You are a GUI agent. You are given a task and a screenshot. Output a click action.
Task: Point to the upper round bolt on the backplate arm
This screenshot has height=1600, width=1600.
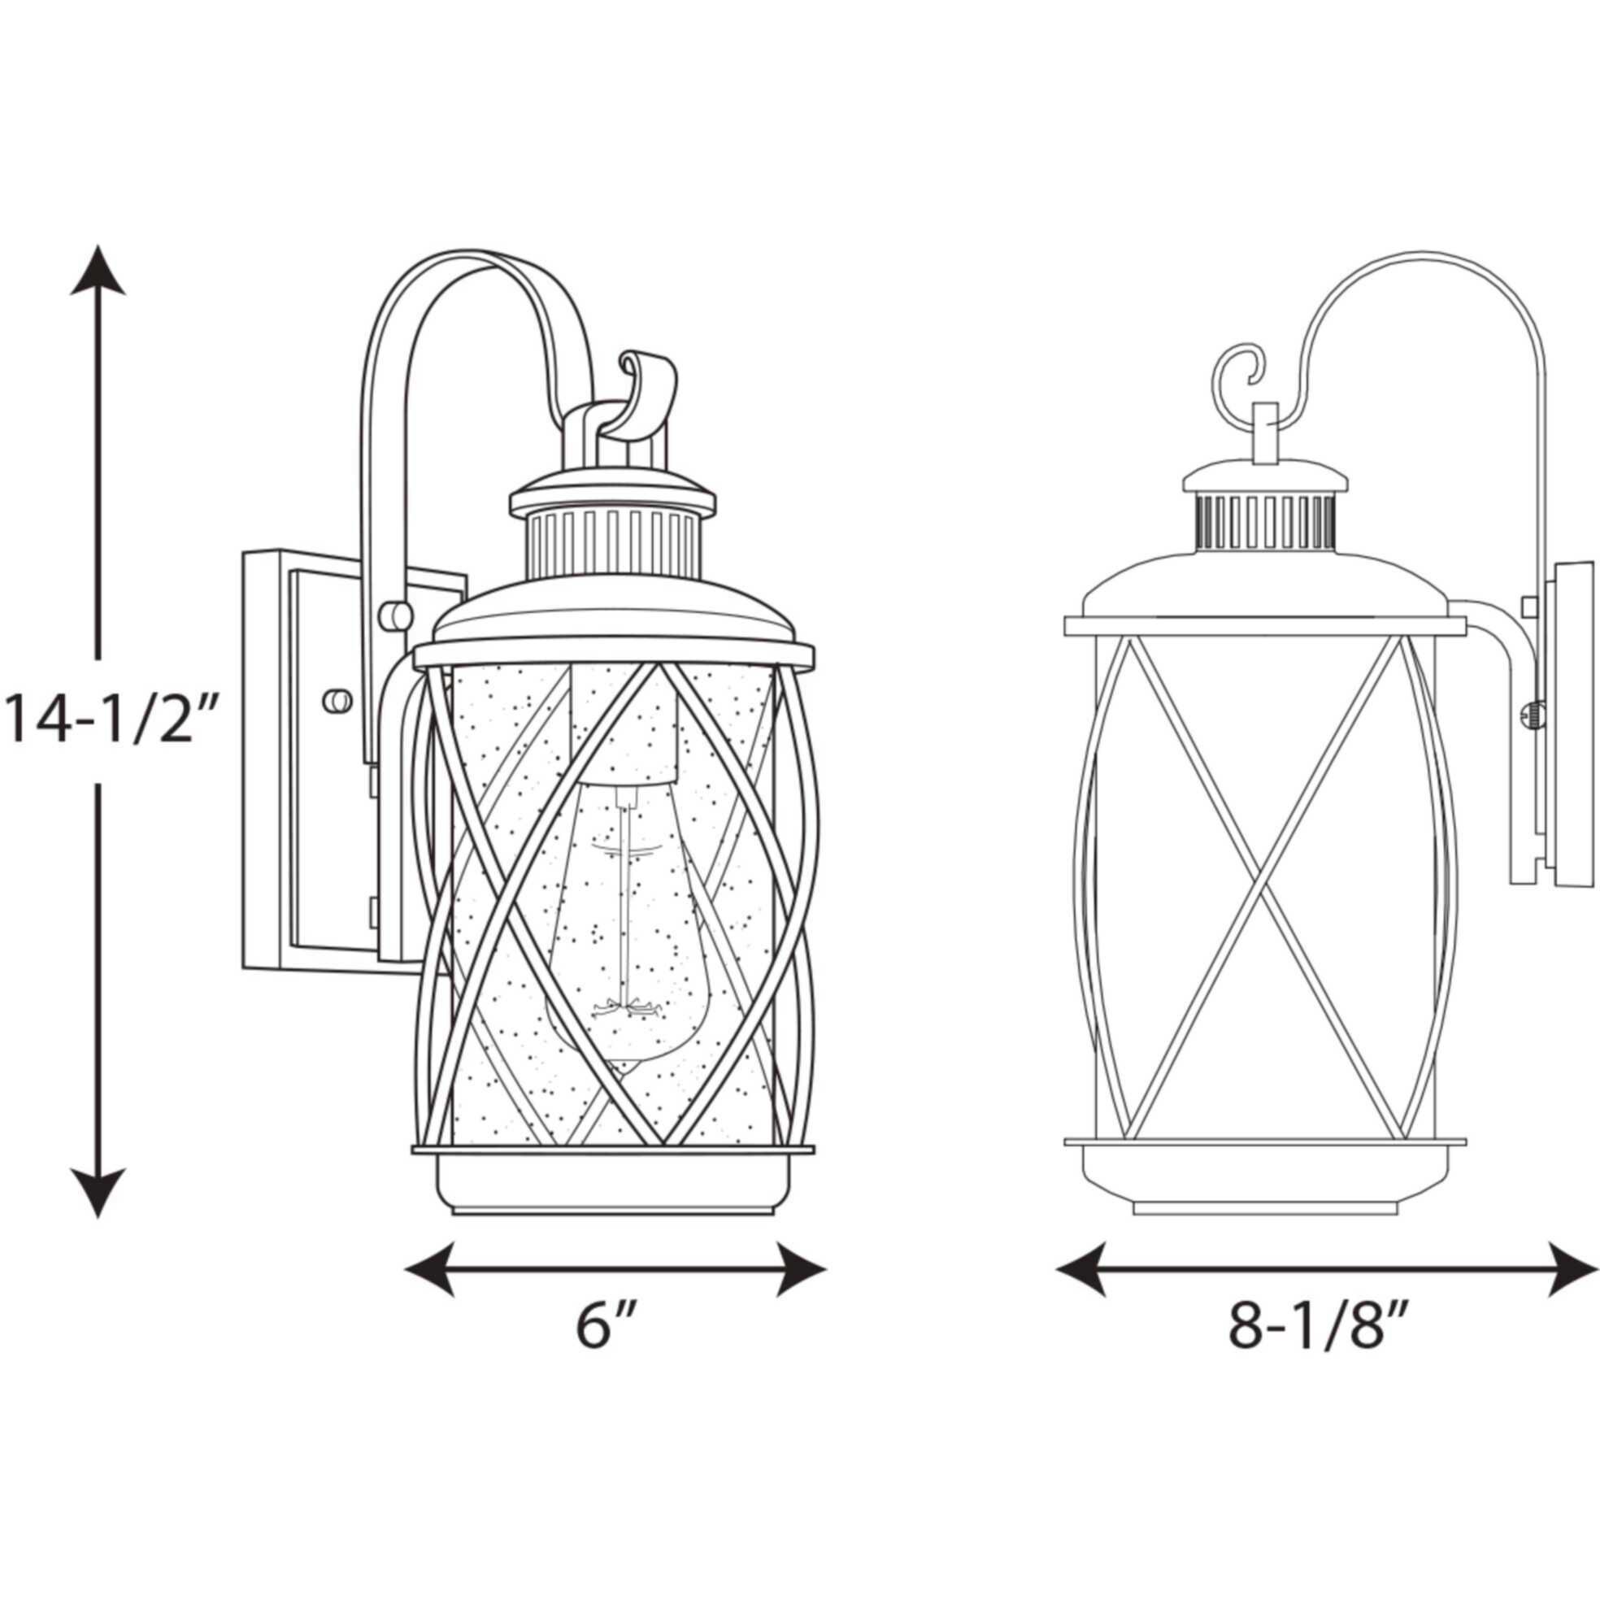tap(395, 615)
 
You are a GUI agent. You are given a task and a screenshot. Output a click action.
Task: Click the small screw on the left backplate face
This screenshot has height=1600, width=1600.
tap(337, 701)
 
